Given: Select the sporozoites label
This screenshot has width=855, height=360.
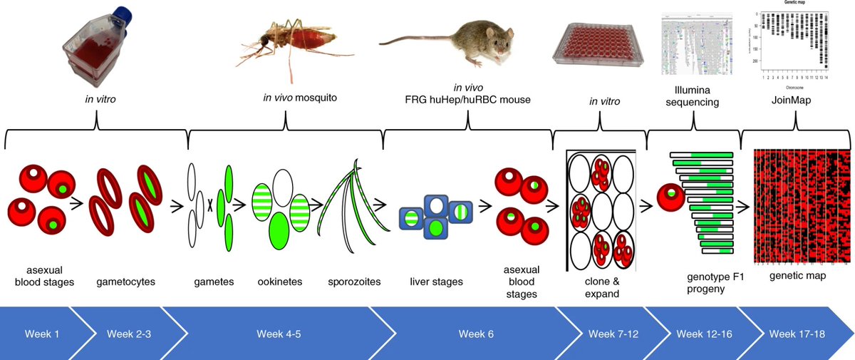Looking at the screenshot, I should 353,282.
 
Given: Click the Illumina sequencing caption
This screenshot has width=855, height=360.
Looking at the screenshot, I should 694,96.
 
